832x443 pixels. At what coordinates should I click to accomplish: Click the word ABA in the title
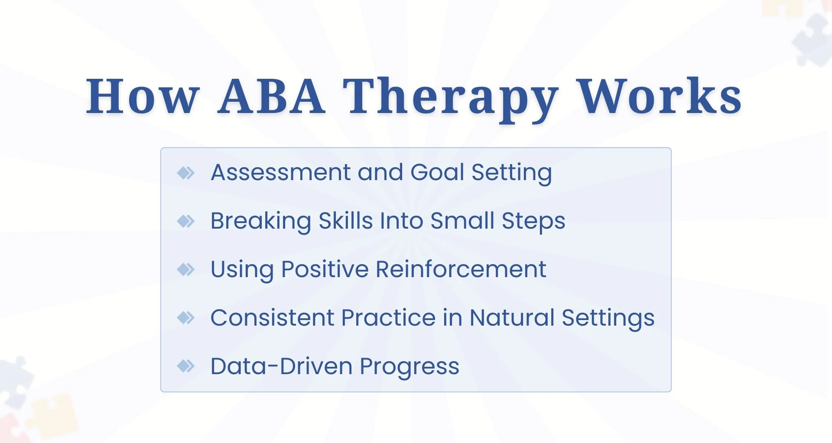[x=271, y=96]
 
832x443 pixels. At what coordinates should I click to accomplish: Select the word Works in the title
[x=660, y=96]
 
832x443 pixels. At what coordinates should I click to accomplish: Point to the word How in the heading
[x=143, y=96]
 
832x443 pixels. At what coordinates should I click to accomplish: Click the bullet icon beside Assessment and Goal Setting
[x=186, y=173]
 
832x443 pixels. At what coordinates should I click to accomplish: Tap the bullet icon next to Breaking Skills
[x=186, y=221]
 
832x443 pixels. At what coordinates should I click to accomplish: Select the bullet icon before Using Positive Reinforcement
[x=186, y=269]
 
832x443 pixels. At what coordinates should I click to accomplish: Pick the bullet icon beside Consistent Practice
[x=186, y=318]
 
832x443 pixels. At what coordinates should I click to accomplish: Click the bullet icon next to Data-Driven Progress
[x=186, y=366]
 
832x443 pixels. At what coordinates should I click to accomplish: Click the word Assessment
[x=280, y=172]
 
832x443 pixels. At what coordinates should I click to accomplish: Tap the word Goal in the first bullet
[x=437, y=172]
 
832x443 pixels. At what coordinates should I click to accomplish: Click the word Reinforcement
[x=461, y=269]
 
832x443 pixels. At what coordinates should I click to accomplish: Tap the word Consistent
[x=272, y=317]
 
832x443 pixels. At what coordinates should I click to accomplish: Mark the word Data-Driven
[x=281, y=366]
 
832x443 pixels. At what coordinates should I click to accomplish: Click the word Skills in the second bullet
[x=346, y=221]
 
